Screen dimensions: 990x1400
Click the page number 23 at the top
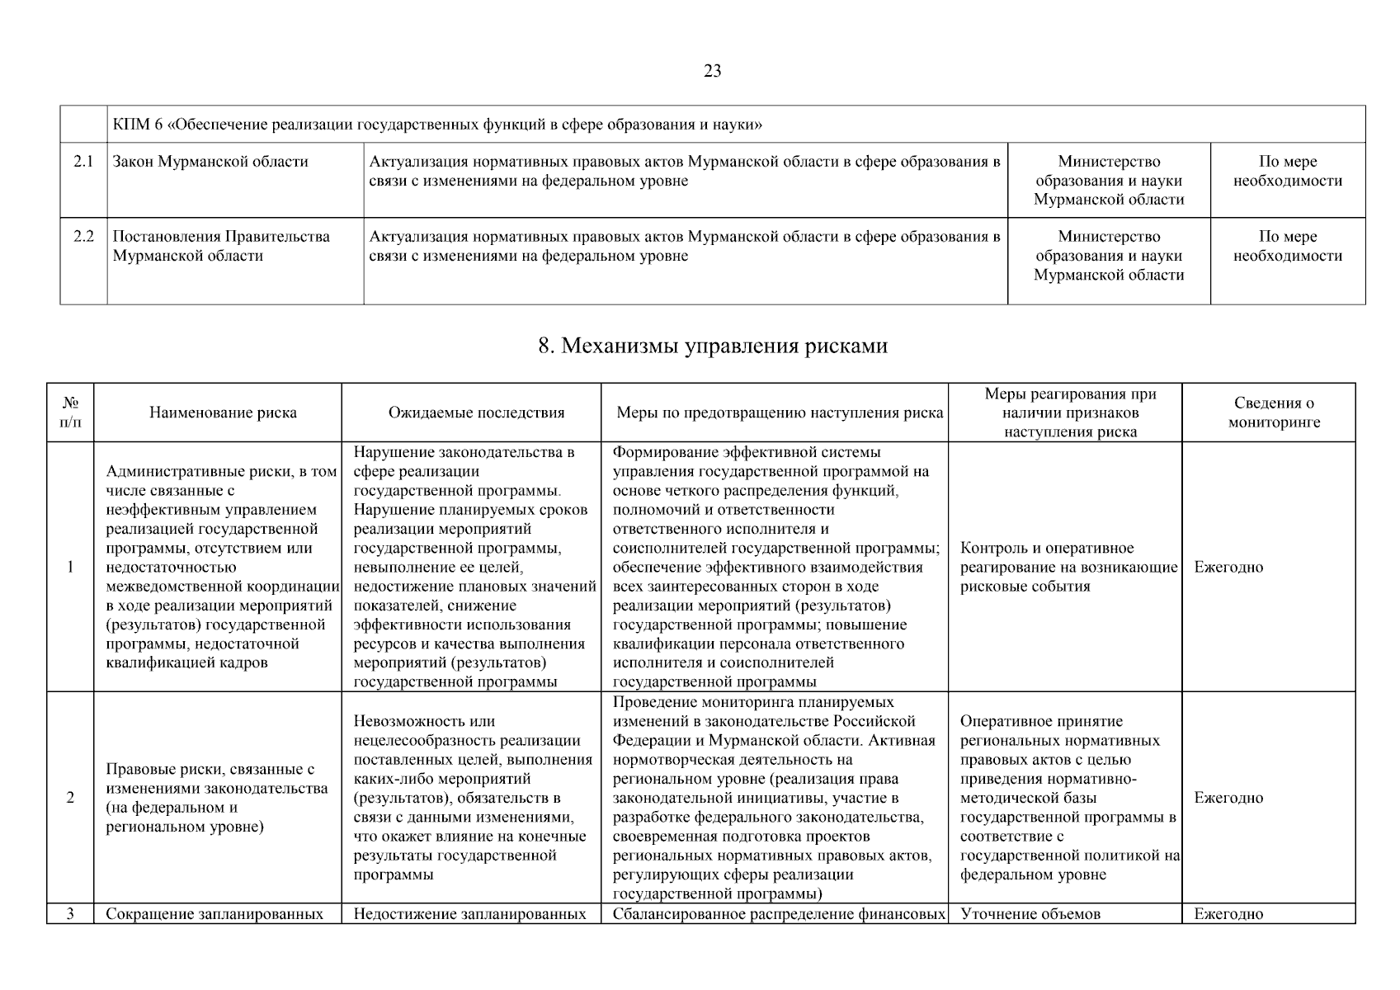click(713, 71)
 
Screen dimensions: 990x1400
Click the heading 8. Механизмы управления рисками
click(713, 346)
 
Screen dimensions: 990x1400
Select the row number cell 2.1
click(83, 162)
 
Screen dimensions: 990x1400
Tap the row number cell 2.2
click(83, 237)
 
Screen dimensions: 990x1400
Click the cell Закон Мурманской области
click(210, 162)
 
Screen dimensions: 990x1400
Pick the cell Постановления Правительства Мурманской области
click(221, 246)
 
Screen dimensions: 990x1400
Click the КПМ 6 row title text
click(437, 125)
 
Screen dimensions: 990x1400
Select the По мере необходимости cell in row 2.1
click(1287, 172)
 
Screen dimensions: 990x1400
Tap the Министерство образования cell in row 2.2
click(1109, 256)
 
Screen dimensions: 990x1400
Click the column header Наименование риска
click(223, 412)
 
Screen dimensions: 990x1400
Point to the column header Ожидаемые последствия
click(476, 412)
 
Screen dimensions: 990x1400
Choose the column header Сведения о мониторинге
click(1274, 412)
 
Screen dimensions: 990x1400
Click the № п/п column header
click(71, 412)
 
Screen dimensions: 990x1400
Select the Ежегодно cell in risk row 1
click(1228, 568)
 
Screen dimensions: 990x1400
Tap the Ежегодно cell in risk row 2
click(1228, 798)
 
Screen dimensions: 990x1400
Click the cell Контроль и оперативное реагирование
click(1068, 568)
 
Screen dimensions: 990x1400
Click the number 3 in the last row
click(70, 913)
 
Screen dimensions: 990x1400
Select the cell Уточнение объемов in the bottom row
click(1030, 913)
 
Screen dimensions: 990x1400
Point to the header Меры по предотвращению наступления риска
click(780, 412)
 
